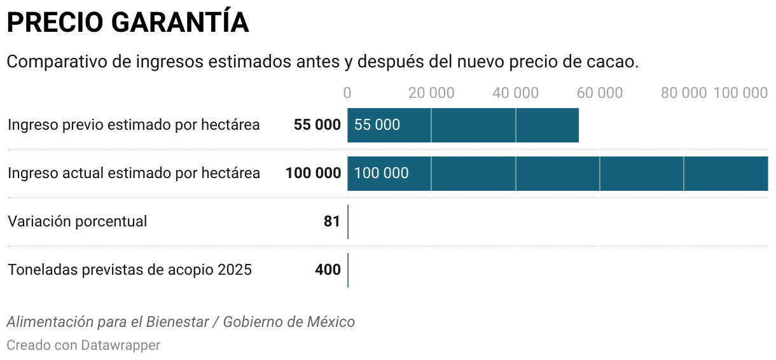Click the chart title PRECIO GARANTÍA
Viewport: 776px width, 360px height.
point(127,23)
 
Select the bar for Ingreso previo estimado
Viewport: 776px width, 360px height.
point(483,125)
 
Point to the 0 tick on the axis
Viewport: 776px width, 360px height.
point(347,93)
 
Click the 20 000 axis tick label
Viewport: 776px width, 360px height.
point(431,93)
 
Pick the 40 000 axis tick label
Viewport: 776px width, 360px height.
point(515,93)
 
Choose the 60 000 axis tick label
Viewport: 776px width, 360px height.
point(599,93)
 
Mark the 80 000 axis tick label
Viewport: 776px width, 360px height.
point(683,93)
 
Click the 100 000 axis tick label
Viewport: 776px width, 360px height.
point(740,93)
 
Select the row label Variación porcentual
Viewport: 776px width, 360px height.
point(77,221)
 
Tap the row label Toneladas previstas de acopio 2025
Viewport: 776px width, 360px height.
point(130,270)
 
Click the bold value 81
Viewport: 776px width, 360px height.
point(332,221)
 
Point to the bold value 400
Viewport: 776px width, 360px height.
point(328,270)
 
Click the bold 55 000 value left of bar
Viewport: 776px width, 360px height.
point(317,125)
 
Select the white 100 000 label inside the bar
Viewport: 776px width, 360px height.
point(381,173)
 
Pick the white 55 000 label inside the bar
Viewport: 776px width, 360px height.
point(377,125)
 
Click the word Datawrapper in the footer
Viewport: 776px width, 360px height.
point(120,345)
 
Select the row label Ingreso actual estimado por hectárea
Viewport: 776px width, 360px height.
point(134,173)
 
